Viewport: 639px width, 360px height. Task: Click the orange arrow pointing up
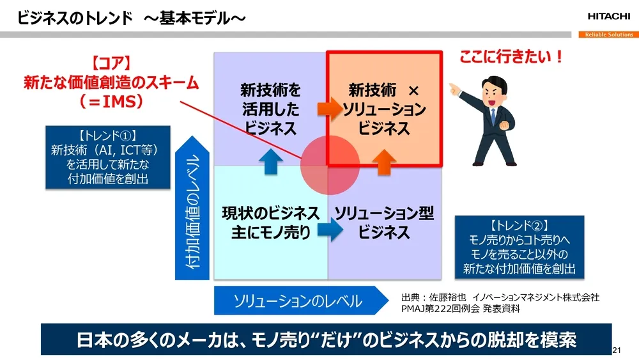click(x=383, y=162)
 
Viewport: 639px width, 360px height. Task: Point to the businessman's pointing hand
click(x=455, y=88)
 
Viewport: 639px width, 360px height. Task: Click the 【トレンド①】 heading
click(x=108, y=136)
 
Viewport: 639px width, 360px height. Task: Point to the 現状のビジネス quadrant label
click(x=270, y=213)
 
